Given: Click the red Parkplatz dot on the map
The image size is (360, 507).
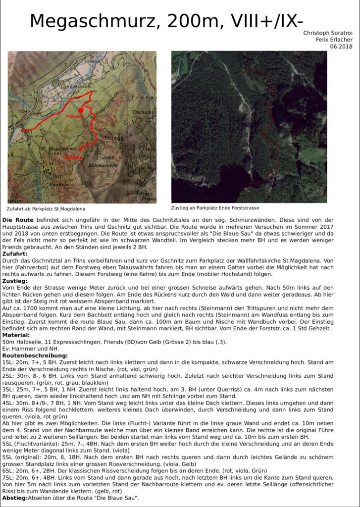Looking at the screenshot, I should pos(81,110).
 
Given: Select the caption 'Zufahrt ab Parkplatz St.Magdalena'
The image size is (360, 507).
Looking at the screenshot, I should pos(46,208).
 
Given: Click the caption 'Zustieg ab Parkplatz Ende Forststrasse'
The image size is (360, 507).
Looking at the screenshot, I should pos(215,208).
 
